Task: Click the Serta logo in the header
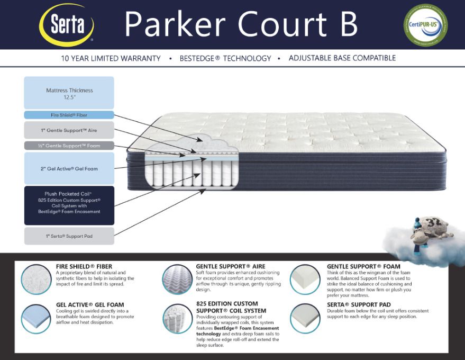click(67, 25)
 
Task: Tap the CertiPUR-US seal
click(425, 25)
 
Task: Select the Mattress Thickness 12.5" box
click(69, 93)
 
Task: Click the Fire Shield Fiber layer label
click(69, 115)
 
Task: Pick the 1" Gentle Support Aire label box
click(69, 130)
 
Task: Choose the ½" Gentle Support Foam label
click(69, 145)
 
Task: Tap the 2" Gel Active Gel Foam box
click(69, 168)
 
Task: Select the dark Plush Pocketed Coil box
click(69, 205)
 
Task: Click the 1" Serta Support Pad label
click(69, 236)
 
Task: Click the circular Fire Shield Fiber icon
click(36, 278)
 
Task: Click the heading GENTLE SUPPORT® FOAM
click(363, 266)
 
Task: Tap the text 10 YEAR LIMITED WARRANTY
click(111, 58)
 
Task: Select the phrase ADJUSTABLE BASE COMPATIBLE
click(342, 58)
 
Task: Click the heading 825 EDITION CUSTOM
click(227, 304)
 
